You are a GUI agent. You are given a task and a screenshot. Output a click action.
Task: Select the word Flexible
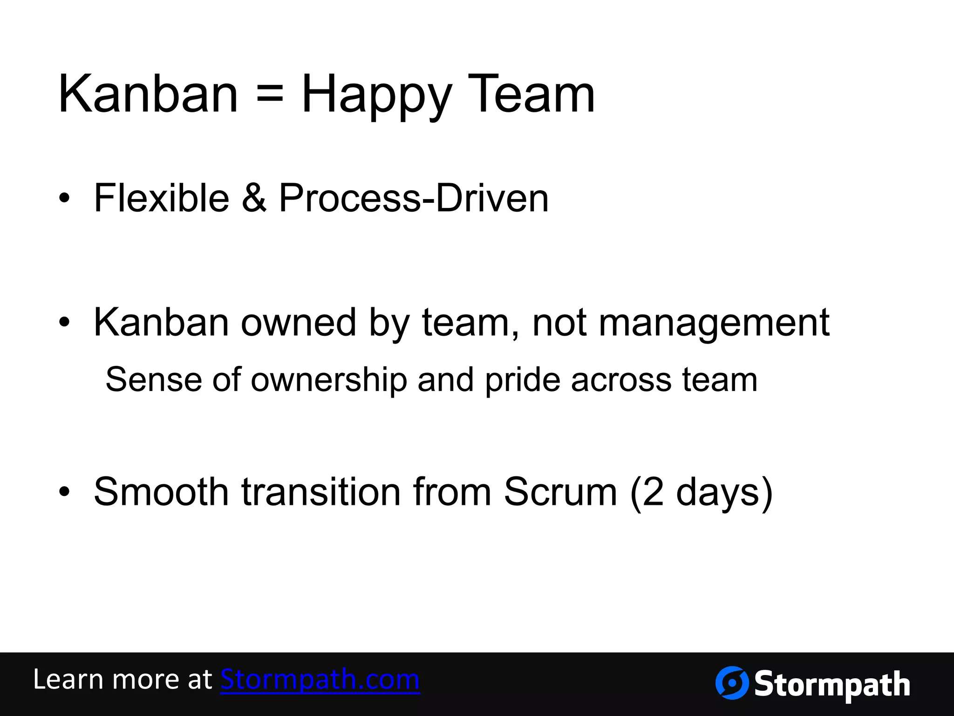pyautogui.click(x=161, y=198)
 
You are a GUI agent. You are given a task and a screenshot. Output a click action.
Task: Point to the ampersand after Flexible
pyautogui.click(x=254, y=198)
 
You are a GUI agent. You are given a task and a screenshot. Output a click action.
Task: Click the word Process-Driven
pyautogui.click(x=414, y=198)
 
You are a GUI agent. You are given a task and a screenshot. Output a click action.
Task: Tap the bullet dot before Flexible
pyautogui.click(x=64, y=199)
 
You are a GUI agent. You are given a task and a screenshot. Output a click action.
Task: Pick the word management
pyautogui.click(x=714, y=323)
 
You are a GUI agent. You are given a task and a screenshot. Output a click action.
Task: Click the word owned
pyautogui.click(x=299, y=323)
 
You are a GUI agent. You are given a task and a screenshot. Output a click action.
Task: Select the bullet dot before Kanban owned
pyautogui.click(x=64, y=322)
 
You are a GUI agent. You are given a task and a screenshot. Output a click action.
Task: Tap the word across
pyautogui.click(x=621, y=380)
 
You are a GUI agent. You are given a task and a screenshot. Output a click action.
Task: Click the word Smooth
pyautogui.click(x=161, y=492)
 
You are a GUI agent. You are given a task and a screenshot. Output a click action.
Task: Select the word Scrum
pyautogui.click(x=560, y=492)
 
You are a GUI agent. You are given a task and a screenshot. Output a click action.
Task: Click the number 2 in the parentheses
pyautogui.click(x=653, y=492)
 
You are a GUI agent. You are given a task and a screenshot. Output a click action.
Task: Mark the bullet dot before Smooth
pyautogui.click(x=64, y=492)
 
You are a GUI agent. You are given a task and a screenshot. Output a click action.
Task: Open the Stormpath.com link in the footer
pyautogui.click(x=320, y=680)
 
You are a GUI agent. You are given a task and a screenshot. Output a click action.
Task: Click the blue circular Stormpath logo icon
pyautogui.click(x=732, y=683)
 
